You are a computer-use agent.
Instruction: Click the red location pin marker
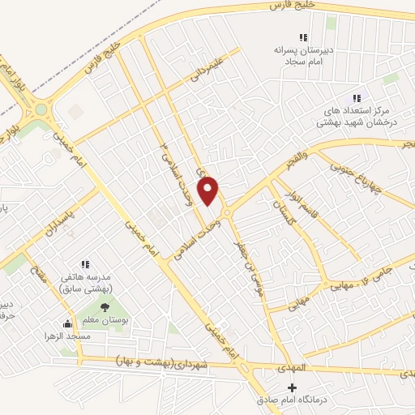coord(209,190)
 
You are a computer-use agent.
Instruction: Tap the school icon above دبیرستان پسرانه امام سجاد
coord(303,37)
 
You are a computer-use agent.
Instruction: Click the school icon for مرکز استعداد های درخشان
coord(356,98)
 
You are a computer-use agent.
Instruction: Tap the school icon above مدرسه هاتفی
coord(85,264)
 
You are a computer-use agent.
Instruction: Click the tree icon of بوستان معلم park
coord(105,306)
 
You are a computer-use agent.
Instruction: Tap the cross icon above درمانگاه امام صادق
coord(293,388)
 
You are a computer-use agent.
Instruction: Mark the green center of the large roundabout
coord(39,108)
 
